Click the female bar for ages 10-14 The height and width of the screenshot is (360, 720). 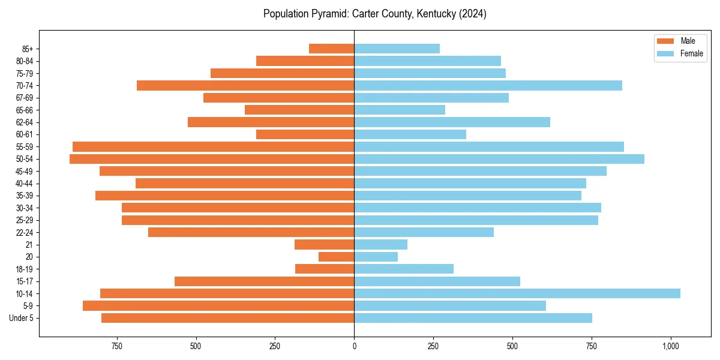(x=517, y=293)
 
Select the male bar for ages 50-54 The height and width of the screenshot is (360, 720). (x=212, y=159)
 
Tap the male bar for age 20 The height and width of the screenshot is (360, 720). (x=336, y=257)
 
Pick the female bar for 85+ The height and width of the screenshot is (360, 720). (x=397, y=49)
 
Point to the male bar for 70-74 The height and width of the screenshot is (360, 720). (x=245, y=85)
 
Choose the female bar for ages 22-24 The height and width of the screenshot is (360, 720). (x=424, y=232)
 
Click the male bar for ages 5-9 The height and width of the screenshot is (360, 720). (x=218, y=305)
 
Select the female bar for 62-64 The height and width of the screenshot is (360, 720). (x=452, y=122)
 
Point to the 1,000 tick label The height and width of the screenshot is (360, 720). (x=671, y=346)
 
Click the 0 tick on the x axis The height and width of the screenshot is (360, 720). (x=354, y=346)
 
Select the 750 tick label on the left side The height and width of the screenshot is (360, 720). (x=117, y=346)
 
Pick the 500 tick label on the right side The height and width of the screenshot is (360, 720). (x=512, y=346)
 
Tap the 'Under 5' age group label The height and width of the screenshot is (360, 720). (x=22, y=318)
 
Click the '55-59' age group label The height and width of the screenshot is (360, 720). (x=24, y=147)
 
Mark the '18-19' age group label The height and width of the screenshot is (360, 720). (x=24, y=269)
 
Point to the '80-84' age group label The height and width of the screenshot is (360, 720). (x=24, y=61)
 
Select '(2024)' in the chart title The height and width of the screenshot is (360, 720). (x=473, y=14)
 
